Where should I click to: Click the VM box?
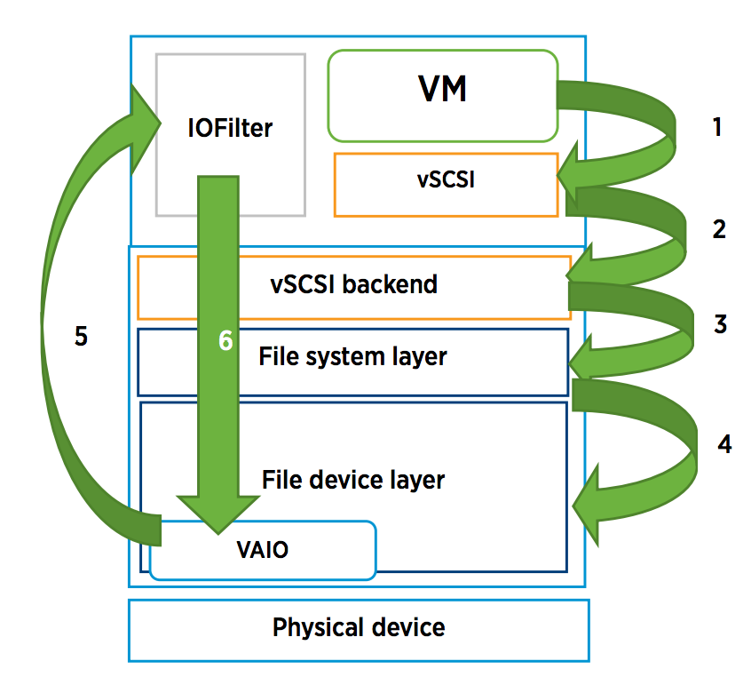click(x=442, y=95)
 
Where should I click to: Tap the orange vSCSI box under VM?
click(x=446, y=184)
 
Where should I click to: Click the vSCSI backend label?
click(x=353, y=284)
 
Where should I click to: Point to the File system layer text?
click(x=352, y=357)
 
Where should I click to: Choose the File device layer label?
click(x=352, y=481)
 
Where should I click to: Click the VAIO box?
click(x=263, y=550)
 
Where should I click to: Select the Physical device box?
click(x=359, y=629)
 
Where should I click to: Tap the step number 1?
click(x=717, y=127)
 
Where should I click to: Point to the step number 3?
click(x=720, y=324)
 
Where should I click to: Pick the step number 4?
click(x=724, y=444)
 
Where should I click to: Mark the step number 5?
click(x=81, y=339)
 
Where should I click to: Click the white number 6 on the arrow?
click(x=225, y=341)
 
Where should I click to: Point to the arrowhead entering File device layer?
click(x=590, y=507)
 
